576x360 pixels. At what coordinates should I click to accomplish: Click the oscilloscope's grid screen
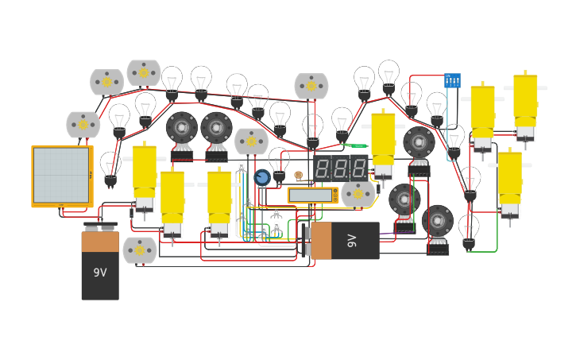pos(61,175)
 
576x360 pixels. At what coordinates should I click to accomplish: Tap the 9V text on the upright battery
pos(100,273)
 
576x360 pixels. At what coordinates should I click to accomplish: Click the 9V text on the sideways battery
pos(353,240)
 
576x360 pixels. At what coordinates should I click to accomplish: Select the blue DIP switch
pos(452,80)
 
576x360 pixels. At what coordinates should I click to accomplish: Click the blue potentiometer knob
pos(262,177)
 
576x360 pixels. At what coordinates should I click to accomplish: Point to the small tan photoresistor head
pos(298,176)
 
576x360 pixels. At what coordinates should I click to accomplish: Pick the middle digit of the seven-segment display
pos(341,168)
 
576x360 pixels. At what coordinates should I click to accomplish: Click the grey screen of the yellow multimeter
pos(310,195)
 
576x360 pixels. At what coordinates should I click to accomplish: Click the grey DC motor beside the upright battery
pos(140,250)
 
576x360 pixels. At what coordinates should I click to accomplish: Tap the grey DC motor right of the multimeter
pos(358,194)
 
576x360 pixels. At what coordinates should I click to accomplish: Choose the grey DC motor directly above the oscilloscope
pos(83,125)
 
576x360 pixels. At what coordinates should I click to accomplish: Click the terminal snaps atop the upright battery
pos(100,226)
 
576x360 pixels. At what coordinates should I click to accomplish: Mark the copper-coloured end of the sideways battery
pos(321,241)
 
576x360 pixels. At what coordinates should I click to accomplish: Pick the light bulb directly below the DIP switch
pos(454,140)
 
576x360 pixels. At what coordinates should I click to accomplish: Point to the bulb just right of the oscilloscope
pos(110,168)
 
